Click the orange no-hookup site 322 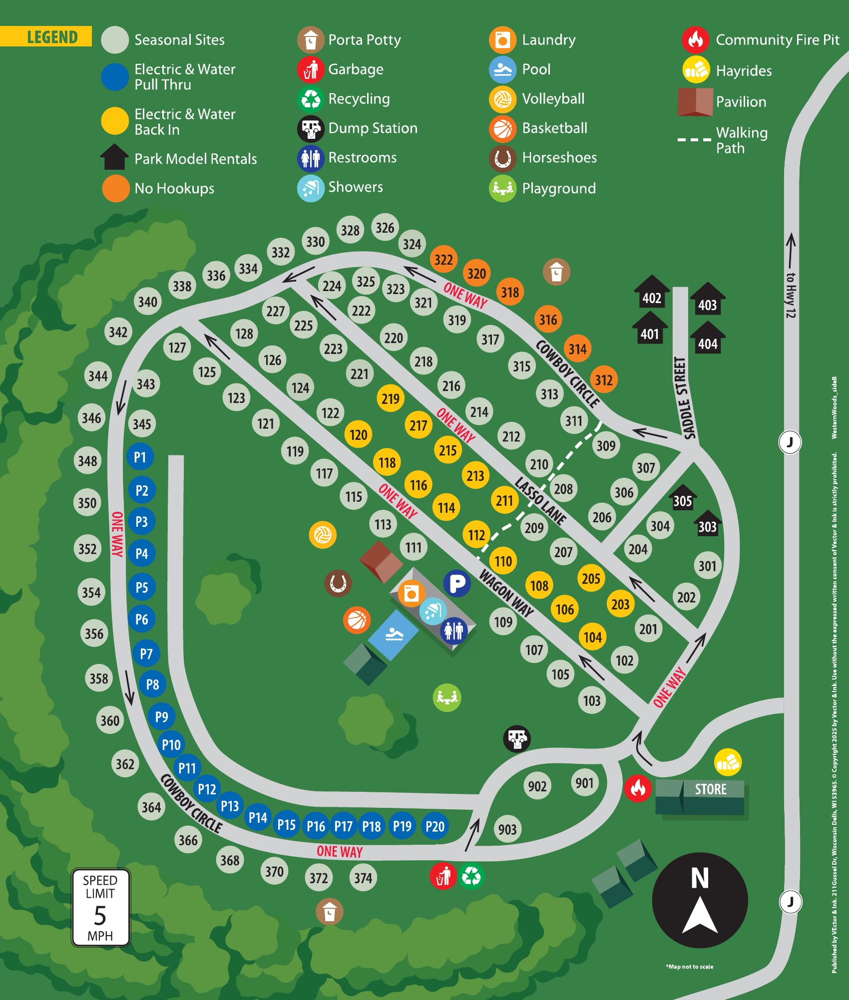443,259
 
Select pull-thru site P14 258,817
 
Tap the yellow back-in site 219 390,398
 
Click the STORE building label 710,789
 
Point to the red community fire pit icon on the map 638,788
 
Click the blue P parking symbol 457,583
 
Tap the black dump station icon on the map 516,738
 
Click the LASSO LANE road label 540,501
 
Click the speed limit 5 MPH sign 101,907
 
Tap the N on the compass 700,878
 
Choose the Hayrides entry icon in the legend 696,70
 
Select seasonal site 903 507,829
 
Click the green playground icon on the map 446,697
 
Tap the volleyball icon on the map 323,535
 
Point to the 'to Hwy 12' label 791,295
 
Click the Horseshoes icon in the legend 502,158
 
